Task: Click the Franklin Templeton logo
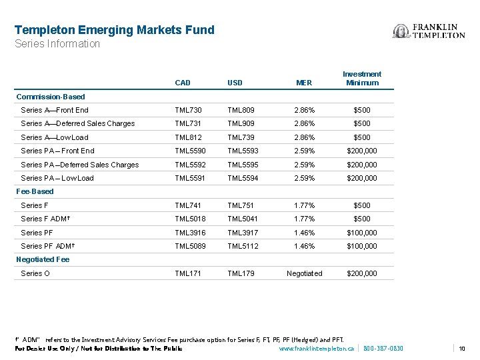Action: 429,31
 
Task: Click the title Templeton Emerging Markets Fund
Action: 115,30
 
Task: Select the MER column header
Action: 304,83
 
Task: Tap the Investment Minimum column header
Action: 362,78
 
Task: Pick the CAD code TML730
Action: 187,110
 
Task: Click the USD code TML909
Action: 241,123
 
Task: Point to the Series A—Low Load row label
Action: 55,137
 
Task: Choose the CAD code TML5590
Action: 189,151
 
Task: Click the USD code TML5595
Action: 243,165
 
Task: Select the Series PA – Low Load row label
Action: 57,178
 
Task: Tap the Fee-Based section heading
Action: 35,191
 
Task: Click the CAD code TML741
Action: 187,205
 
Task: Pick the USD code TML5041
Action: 243,219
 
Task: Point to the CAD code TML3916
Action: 189,233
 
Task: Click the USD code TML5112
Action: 243,246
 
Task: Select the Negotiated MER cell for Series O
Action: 304,273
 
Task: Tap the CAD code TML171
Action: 187,273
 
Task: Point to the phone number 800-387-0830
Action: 383,349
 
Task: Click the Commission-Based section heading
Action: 51,97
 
